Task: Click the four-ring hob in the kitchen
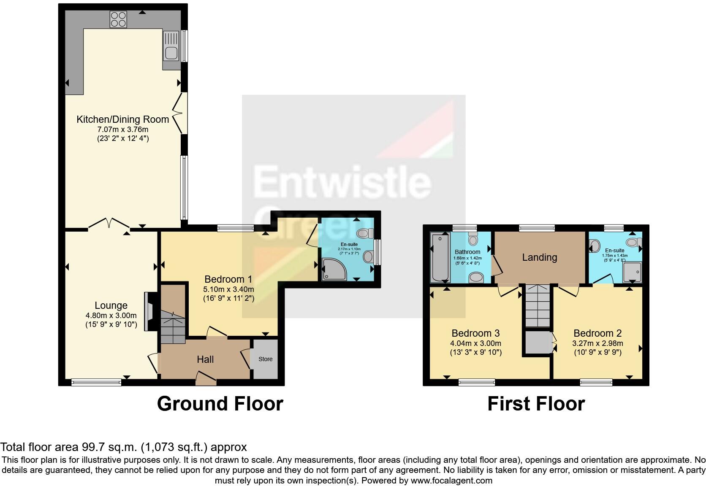118,19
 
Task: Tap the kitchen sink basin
171,54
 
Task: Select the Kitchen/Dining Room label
122,119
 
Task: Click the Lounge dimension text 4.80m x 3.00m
111,316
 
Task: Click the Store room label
265,359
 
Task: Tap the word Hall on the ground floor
205,359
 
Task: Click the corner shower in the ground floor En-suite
334,270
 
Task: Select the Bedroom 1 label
228,279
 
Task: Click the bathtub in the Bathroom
440,258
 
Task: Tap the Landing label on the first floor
539,257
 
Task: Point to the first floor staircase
538,305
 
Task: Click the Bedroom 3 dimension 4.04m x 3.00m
476,343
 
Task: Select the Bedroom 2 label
597,333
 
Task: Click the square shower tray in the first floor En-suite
632,273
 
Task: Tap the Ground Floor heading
220,404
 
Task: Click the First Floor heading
536,404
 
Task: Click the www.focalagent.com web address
451,480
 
